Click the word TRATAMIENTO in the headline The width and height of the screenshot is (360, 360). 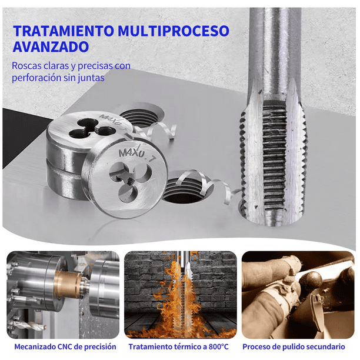[x=64, y=31]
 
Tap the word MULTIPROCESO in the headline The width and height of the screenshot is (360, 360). [x=174, y=31]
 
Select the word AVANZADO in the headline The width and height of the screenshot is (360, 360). [x=51, y=47]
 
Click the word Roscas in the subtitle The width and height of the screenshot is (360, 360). [x=26, y=66]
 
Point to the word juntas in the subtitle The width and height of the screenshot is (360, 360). [x=91, y=78]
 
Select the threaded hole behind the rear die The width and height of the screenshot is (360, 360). [x=141, y=118]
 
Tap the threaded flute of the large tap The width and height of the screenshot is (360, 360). [x=275, y=158]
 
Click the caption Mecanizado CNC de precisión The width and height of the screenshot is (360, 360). [x=65, y=346]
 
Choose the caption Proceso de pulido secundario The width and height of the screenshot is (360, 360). [x=294, y=346]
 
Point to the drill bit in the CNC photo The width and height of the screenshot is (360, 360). [x=28, y=325]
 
